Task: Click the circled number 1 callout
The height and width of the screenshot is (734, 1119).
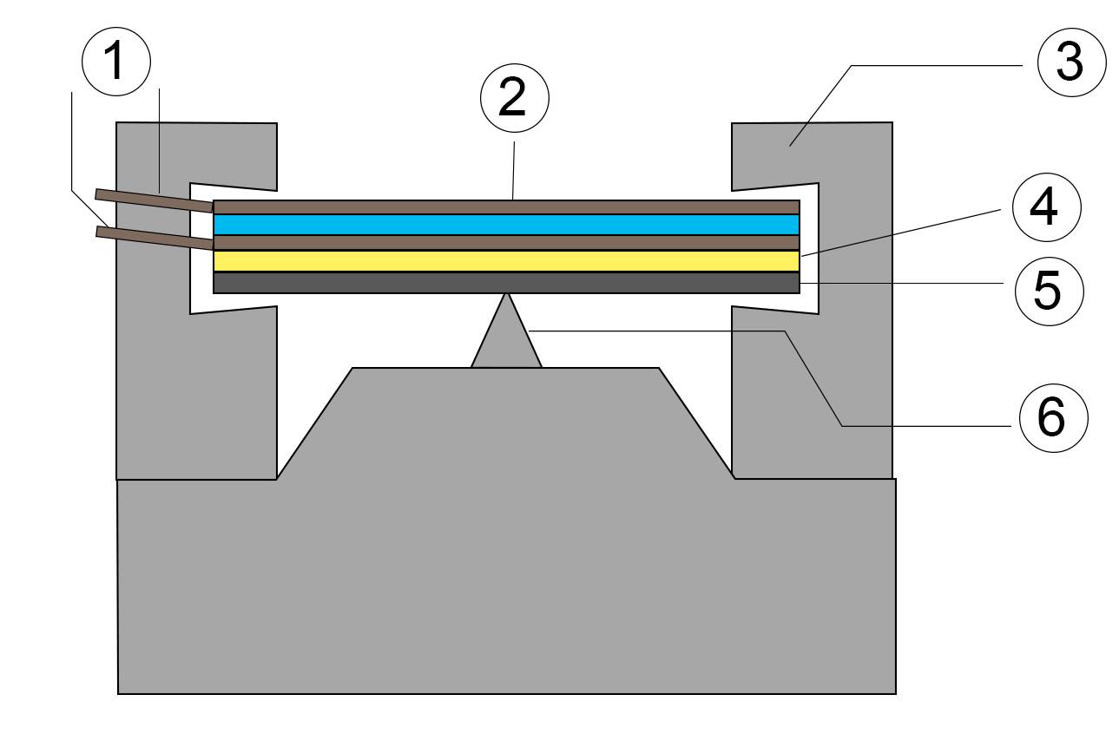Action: pyautogui.click(x=116, y=62)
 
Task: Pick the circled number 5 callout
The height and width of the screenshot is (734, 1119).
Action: pyautogui.click(x=1049, y=289)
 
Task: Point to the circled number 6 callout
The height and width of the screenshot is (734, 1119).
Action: pyautogui.click(x=1052, y=416)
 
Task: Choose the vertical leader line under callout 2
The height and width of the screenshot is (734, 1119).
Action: pyautogui.click(x=515, y=169)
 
